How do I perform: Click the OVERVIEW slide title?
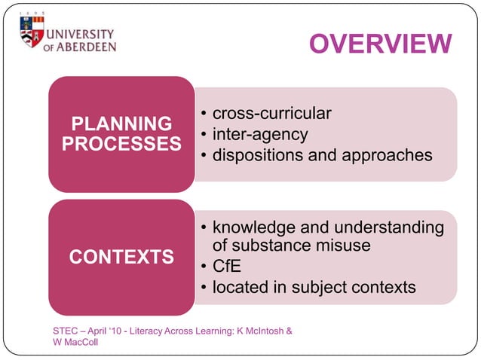pos(380,44)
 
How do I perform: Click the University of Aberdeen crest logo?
pos(32,31)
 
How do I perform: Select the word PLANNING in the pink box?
pos(121,124)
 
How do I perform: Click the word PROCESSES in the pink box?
pos(121,143)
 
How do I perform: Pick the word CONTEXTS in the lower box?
pos(121,258)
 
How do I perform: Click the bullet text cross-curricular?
pos(271,114)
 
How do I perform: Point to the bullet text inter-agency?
pos(260,135)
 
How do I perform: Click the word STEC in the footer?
pos(66,331)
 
